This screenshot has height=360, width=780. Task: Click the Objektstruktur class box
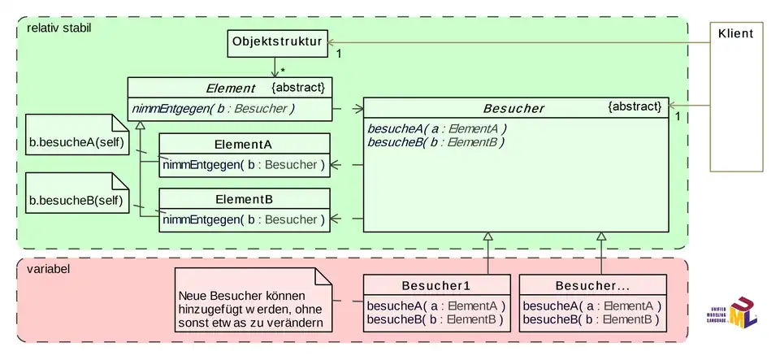point(275,41)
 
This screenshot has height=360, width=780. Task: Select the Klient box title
point(735,33)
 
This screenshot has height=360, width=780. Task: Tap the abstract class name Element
point(231,89)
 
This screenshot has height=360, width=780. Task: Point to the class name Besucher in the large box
point(513,108)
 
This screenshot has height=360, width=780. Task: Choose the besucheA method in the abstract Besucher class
point(437,128)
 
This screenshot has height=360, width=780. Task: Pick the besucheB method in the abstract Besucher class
point(437,141)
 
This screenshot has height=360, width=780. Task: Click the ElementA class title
point(244,145)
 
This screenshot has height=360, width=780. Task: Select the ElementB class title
point(244,199)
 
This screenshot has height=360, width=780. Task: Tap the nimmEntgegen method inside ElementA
point(244,165)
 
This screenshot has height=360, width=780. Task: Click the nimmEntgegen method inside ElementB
point(244,219)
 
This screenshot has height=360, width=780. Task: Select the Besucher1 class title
point(436,286)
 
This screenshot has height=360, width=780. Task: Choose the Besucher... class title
point(592,286)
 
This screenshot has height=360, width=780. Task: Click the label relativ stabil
point(59,28)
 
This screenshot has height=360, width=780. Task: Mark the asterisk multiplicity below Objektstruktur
point(283,72)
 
